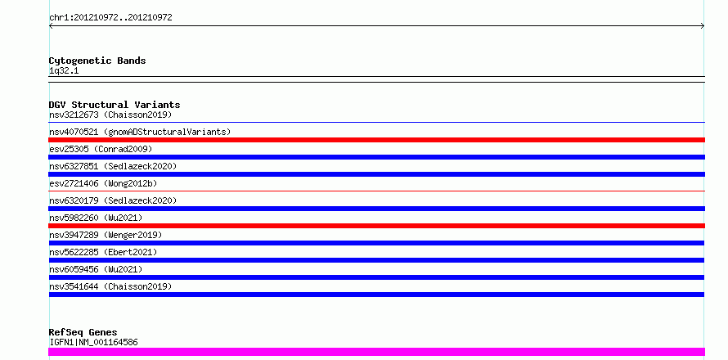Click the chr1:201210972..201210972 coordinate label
110,18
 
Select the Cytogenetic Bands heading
97,61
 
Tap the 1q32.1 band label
64,71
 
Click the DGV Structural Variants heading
115,105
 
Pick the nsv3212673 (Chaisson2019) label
110,115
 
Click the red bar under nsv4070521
376,140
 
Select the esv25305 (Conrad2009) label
101,149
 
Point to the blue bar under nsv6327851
376,174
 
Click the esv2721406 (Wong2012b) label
103,183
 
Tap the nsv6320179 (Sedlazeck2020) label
113,200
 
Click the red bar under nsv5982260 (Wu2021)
376,226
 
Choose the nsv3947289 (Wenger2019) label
106,235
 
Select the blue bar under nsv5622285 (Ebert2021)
376,260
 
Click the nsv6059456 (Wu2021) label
96,269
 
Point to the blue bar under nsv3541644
376,295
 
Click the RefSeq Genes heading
83,332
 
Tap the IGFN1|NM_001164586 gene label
93,342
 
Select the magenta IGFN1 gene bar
376,352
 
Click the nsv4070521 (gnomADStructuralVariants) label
140,132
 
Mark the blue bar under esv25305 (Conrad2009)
376,157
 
